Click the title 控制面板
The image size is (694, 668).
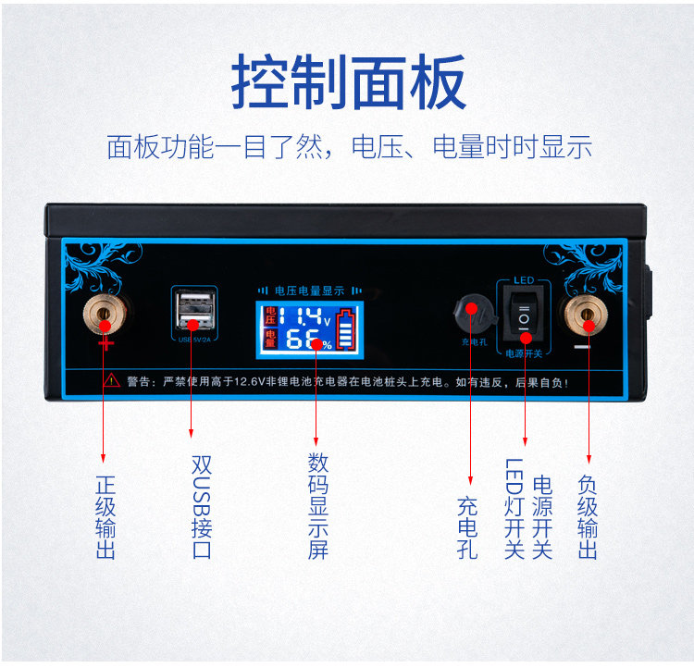coord(347,81)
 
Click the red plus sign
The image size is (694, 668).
coord(106,344)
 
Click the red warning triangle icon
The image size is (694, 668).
coord(112,380)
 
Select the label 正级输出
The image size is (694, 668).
coord(105,517)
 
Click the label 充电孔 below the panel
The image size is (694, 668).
coord(467,528)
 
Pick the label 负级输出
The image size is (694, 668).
coord(588,517)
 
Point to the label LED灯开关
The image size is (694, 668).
coord(514,508)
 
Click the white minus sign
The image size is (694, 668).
coord(581,347)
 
